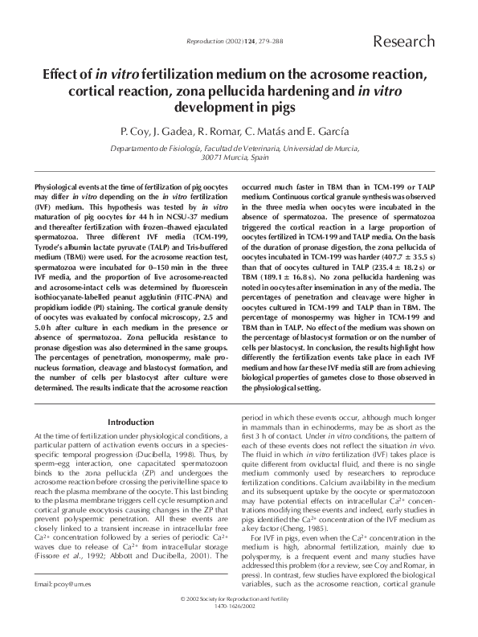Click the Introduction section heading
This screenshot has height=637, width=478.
coord(130,422)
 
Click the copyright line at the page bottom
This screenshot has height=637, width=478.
coord(239,623)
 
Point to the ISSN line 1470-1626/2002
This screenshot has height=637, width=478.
coord(239,629)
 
